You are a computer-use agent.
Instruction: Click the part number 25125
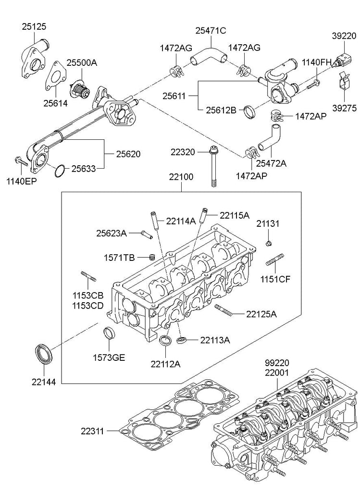click(34, 26)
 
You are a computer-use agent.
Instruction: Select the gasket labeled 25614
click(56, 77)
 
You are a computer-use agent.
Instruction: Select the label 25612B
click(221, 110)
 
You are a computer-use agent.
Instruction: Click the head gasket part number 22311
click(93, 431)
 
